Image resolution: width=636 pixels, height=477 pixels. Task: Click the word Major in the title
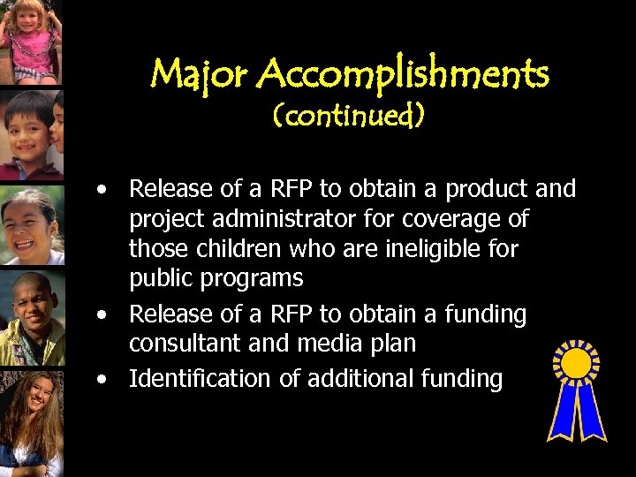[201, 76]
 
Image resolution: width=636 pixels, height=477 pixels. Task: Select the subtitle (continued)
[349, 117]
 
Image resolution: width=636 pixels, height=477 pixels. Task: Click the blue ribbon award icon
[576, 390]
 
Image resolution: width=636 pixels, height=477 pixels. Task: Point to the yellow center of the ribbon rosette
[576, 363]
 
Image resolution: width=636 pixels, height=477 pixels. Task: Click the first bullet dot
[104, 189]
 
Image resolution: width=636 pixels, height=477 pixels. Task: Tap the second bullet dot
[104, 314]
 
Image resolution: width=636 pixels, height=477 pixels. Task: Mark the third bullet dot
[104, 379]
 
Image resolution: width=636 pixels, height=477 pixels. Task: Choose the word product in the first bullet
[487, 189]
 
